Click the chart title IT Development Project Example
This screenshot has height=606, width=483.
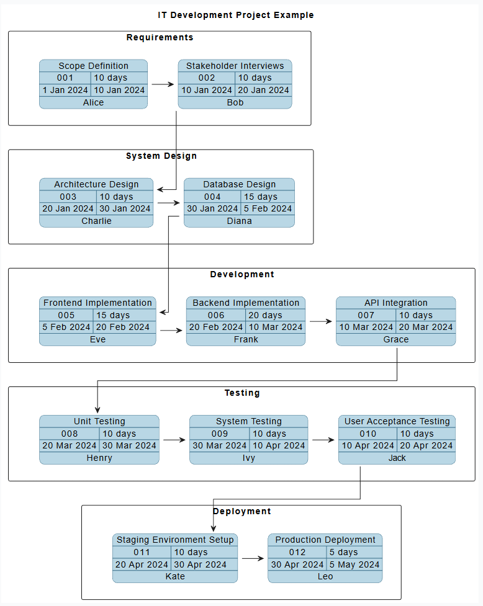(235, 15)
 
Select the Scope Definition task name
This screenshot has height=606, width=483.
(94, 66)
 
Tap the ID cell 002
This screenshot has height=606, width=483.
(207, 78)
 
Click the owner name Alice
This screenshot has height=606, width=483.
(94, 102)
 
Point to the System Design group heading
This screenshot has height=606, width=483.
(161, 156)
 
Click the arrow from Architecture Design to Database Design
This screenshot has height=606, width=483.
(169, 202)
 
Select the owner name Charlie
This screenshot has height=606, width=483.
(96, 221)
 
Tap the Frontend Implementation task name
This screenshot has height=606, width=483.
(97, 303)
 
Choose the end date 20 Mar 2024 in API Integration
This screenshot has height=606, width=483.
(426, 327)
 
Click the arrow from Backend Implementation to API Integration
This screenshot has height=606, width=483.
(320, 321)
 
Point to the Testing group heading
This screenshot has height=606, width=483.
(242, 393)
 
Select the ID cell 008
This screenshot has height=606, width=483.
(70, 434)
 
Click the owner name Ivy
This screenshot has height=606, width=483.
(249, 458)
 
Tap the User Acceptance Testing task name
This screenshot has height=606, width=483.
(397, 421)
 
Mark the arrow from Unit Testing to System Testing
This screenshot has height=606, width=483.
(174, 440)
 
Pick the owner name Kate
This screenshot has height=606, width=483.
(175, 576)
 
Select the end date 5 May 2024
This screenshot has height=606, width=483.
(354, 564)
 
